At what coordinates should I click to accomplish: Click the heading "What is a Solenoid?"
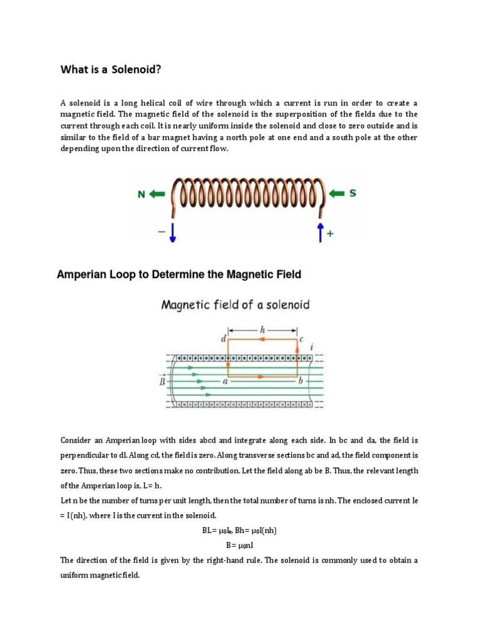(110, 70)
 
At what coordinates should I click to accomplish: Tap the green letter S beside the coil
(353, 194)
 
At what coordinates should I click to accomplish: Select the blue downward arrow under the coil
(173, 232)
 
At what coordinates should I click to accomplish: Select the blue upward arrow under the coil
(320, 231)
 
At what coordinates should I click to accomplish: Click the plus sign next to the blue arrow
(331, 234)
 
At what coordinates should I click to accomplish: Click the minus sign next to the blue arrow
(161, 231)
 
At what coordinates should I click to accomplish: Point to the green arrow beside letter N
(157, 195)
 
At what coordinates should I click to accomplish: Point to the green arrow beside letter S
(337, 194)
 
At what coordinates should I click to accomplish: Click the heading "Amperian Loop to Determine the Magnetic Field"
(179, 274)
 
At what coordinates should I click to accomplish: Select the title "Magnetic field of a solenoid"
(235, 305)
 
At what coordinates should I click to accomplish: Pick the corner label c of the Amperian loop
(301, 339)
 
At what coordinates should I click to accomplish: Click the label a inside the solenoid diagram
(224, 381)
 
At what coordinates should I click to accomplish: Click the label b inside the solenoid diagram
(302, 381)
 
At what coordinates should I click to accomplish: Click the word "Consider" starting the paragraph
(76, 439)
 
